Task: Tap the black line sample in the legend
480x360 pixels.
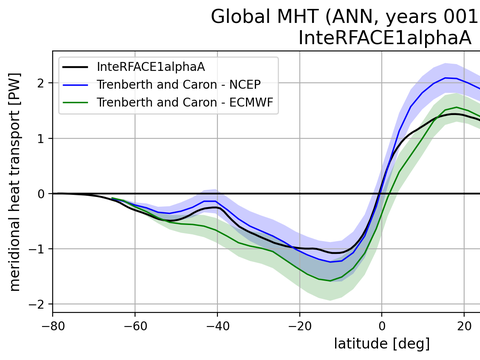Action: (81, 66)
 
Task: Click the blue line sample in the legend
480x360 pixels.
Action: (81, 83)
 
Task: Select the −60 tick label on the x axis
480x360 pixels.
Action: (137, 325)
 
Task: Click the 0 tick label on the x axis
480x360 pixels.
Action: (382, 325)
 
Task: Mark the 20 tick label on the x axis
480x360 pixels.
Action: (464, 325)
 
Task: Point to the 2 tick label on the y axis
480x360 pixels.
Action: (41, 83)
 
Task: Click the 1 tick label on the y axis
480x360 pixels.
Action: (41, 138)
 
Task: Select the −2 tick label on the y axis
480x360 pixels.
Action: (37, 304)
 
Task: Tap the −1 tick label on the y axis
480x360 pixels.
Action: (37, 249)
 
